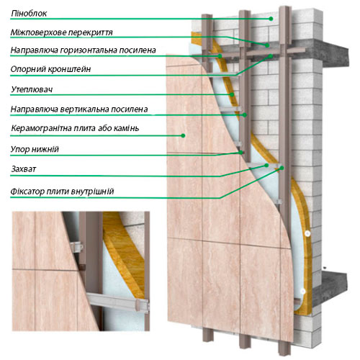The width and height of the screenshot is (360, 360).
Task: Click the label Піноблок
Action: pos(29,14)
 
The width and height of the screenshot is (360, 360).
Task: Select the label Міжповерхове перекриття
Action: pos(62,32)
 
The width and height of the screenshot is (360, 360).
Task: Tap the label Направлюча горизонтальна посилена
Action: pos(83,50)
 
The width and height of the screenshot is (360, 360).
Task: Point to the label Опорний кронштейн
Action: pos(50,69)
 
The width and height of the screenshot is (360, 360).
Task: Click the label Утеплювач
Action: pos(32,90)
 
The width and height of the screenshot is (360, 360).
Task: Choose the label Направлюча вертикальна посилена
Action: pos(79,109)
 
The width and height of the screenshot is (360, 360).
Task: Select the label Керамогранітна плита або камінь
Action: pos(75,128)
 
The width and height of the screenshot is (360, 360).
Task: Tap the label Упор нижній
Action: pos(35,149)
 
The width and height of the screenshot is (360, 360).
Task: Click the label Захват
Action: pos(24,169)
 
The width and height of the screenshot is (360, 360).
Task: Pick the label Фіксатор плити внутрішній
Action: pos(62,192)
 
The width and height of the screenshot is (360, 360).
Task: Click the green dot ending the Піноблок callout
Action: pos(271,19)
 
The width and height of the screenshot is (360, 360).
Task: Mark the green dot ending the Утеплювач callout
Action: pos(232,94)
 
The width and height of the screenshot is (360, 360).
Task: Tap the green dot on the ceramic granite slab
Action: pos(183,135)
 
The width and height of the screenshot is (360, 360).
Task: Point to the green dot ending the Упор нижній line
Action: pos(240,153)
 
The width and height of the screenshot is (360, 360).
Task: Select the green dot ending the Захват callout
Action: pos(266,165)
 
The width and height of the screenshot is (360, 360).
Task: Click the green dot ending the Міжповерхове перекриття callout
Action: pos(267,45)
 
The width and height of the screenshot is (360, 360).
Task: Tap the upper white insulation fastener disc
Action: pos(307,233)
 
